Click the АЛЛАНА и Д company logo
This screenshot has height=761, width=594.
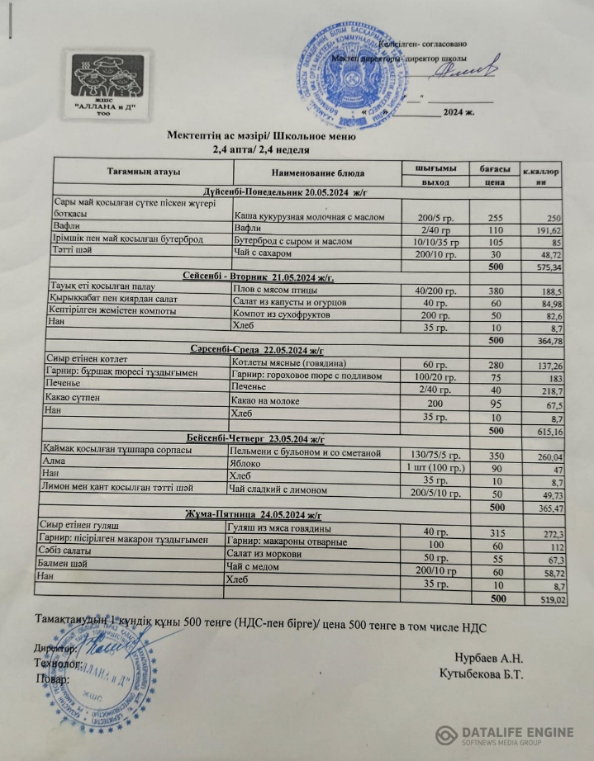pyautogui.click(x=105, y=82)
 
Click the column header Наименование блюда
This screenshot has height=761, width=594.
pyautogui.click(x=317, y=173)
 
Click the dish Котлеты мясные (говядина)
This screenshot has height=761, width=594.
pyautogui.click(x=283, y=364)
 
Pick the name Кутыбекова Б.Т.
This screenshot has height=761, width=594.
pyautogui.click(x=482, y=675)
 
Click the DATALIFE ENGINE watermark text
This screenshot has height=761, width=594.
pyautogui.click(x=517, y=732)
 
